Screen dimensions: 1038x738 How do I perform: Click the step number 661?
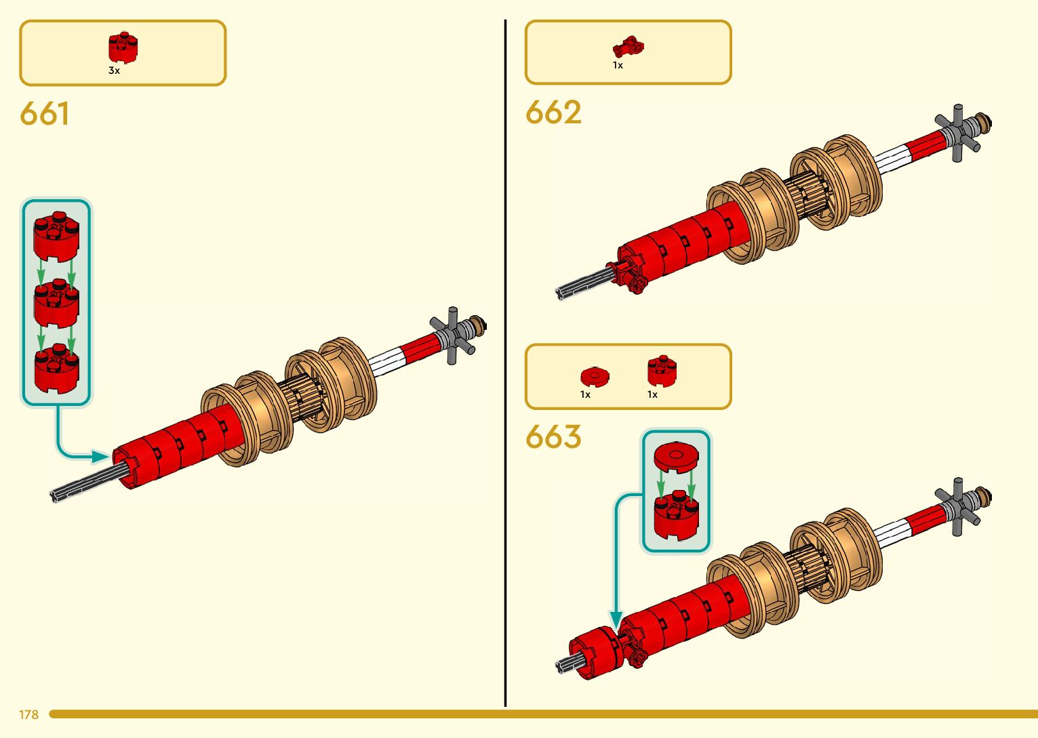(44, 113)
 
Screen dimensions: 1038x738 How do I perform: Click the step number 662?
(553, 112)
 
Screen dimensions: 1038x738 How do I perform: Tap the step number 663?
(553, 437)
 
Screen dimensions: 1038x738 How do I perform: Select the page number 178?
(28, 714)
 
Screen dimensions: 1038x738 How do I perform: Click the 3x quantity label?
(114, 70)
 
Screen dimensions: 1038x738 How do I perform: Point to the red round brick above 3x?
(123, 47)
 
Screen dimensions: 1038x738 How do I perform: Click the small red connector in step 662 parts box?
(628, 47)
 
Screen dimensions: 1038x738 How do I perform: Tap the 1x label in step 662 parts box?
(618, 65)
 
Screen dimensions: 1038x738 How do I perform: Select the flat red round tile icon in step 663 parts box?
(595, 376)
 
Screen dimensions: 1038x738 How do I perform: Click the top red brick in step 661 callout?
(56, 234)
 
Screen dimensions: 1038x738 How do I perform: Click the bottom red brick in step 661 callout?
(56, 369)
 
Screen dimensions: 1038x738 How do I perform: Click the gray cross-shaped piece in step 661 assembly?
(453, 335)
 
